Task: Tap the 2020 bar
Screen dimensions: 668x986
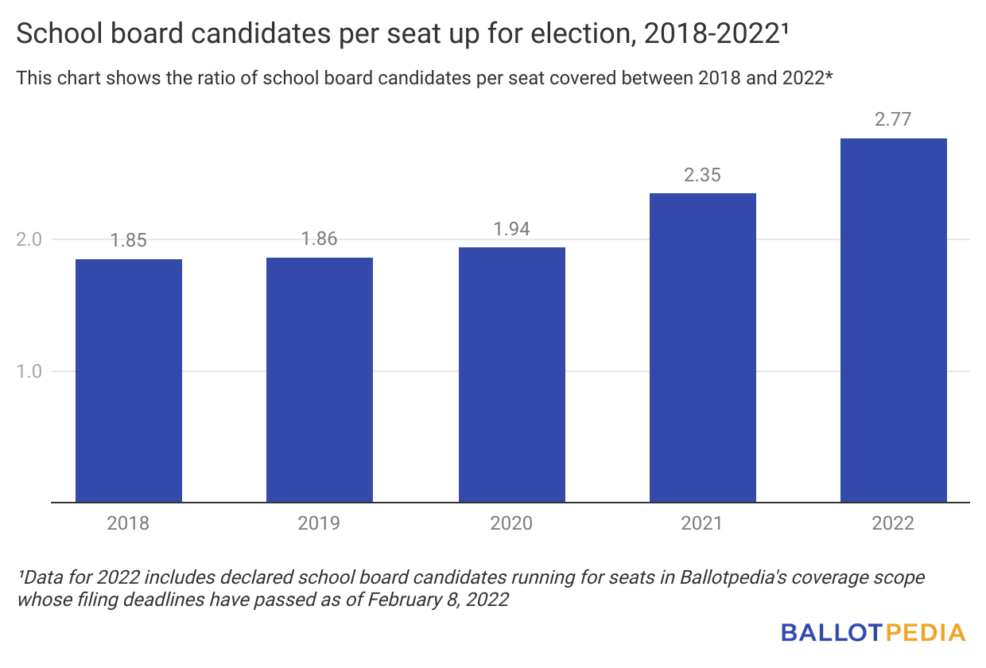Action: (512, 375)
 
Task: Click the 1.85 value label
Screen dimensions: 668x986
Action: (129, 241)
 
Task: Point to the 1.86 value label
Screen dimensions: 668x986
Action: (320, 239)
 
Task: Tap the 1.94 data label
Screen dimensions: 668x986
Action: (512, 229)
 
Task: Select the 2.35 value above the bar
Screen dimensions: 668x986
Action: (703, 175)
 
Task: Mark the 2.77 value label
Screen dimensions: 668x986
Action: (894, 120)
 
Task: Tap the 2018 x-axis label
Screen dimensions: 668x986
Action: (129, 523)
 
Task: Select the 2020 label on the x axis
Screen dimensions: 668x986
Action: (512, 523)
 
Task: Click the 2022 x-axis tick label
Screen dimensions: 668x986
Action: (894, 523)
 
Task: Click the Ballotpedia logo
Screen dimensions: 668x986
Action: (873, 633)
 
